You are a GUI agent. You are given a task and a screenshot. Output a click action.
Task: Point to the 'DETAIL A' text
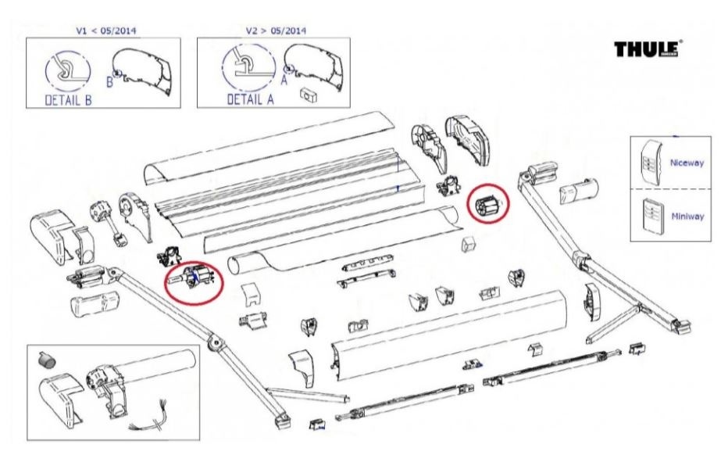[241, 100]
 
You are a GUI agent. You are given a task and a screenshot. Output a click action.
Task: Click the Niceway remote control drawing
[650, 161]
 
